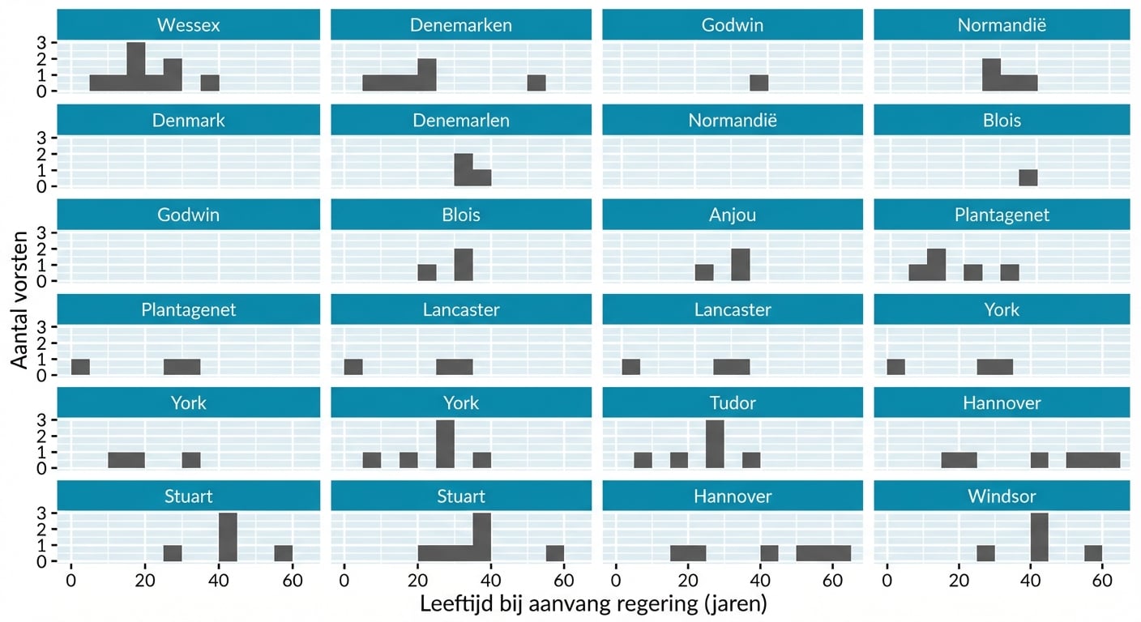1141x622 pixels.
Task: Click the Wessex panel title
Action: (189, 25)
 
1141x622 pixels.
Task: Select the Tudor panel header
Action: (733, 403)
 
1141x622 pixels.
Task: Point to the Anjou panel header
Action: (733, 215)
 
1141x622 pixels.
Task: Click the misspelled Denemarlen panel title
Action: (461, 121)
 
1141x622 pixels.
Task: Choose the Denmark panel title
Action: (189, 121)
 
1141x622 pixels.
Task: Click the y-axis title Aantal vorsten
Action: (20, 300)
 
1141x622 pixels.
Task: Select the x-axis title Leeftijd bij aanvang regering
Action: (593, 604)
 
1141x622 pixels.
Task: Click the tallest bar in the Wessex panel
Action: (136, 66)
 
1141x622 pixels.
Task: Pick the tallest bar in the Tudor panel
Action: (715, 444)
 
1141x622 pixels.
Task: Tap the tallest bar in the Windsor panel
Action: (1040, 537)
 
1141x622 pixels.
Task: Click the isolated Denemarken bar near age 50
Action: (536, 83)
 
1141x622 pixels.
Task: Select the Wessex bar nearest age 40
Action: (210, 83)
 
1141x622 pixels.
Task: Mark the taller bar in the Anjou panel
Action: (741, 265)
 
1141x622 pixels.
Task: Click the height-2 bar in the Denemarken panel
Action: (427, 75)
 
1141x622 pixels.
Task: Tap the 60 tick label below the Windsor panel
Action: (1101, 581)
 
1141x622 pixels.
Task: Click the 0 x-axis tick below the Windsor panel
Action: (887, 581)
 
